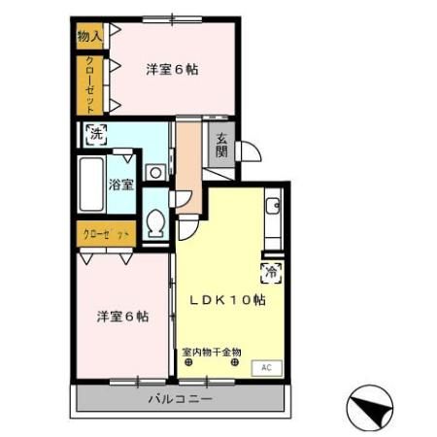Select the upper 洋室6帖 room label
coord(173,69)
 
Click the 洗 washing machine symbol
coord(96,136)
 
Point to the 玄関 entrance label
coord(222,146)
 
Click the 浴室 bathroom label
coord(121,184)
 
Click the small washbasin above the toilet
coord(154,172)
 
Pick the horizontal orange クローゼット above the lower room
coord(108,234)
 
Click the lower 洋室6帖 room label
coord(122,317)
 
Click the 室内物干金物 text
coord(212,352)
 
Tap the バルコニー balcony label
coord(180,398)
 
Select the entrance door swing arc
coord(250,153)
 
